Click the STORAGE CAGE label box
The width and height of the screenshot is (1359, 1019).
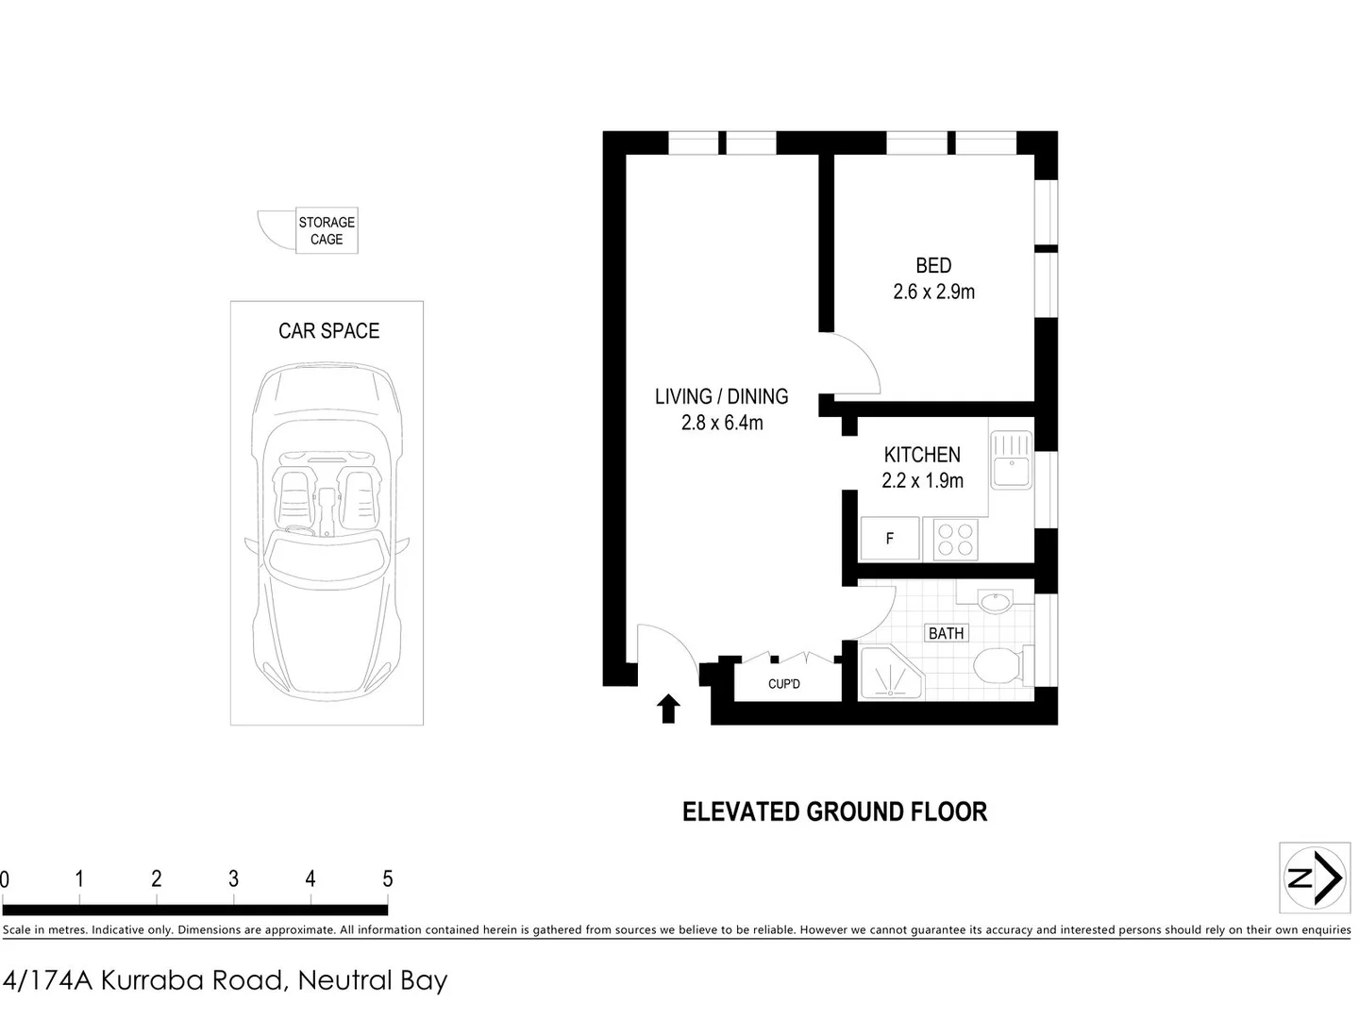327,231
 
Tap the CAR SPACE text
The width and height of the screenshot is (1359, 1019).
328,331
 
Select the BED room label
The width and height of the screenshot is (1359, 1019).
933,266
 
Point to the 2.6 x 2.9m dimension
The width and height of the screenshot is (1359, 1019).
933,292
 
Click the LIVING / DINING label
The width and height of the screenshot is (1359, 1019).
721,396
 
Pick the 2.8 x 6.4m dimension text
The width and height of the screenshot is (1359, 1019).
722,423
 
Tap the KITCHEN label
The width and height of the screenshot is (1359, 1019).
922,455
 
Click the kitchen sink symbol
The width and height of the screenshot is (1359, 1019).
1011,459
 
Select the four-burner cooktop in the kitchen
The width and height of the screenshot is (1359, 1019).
954,539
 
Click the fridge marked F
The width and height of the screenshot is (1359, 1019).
890,539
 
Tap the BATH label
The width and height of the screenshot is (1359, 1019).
946,633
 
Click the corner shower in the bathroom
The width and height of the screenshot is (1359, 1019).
888,674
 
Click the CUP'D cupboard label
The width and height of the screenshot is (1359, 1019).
783,683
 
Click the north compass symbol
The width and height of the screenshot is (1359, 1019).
1314,877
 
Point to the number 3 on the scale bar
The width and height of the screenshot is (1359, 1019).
233,879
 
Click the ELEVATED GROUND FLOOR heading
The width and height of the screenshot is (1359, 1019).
834,811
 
